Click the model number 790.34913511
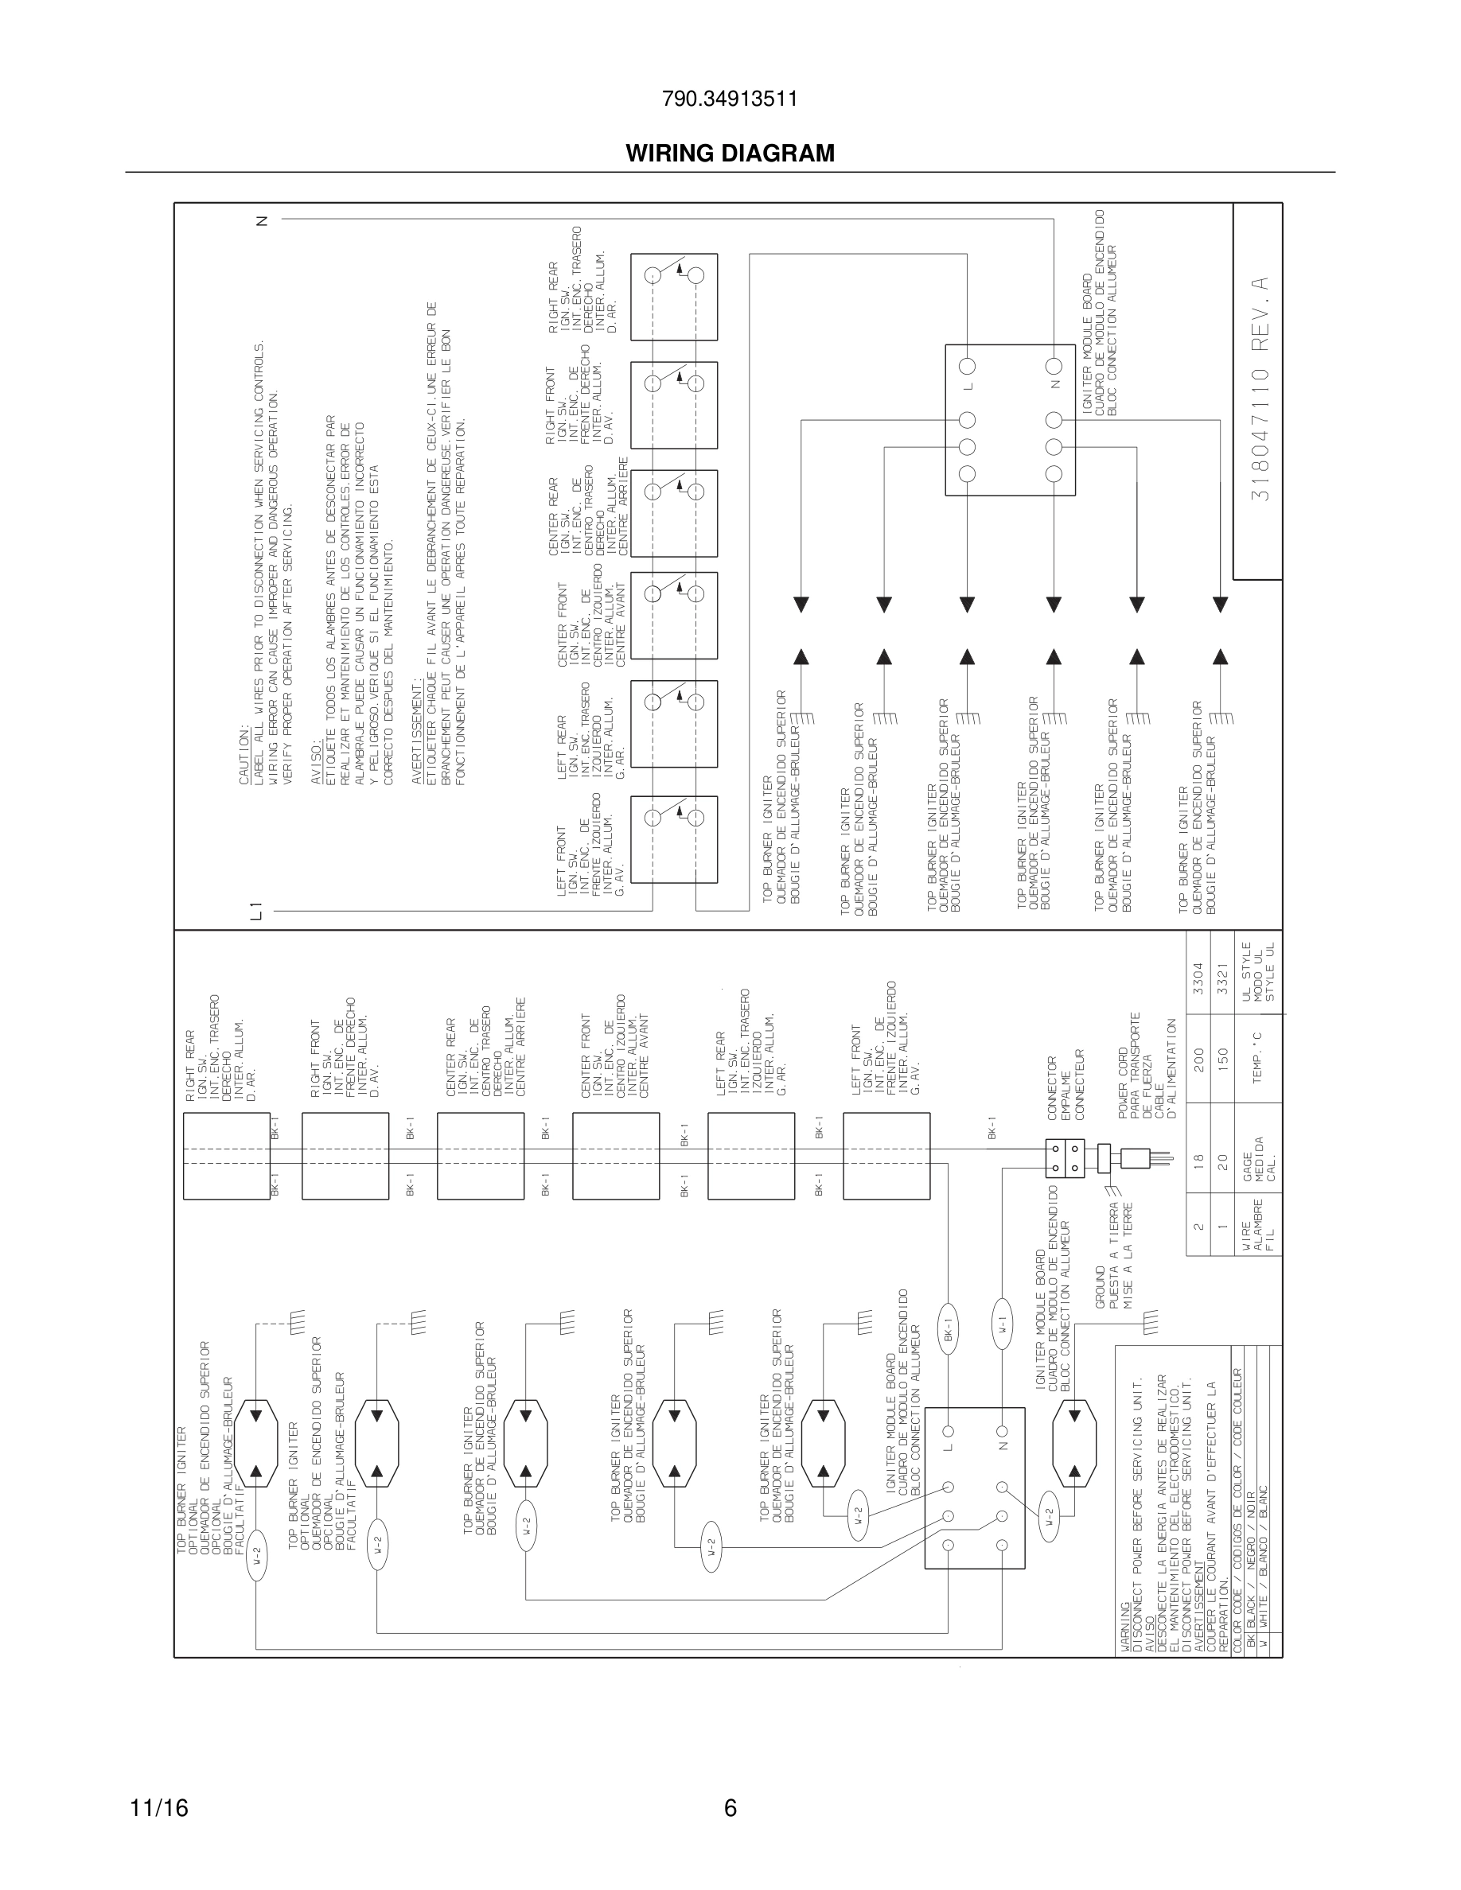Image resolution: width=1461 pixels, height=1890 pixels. pyautogui.click(x=730, y=99)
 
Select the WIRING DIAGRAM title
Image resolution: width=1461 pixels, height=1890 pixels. pyautogui.click(x=730, y=154)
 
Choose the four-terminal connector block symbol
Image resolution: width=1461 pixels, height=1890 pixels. pyautogui.click(x=1065, y=1158)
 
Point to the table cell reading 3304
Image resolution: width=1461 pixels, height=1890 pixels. pyautogui.click(x=1198, y=976)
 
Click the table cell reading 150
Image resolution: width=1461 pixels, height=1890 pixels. pyautogui.click(x=1222, y=1057)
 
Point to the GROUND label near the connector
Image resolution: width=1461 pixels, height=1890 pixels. pyautogui.click(x=1101, y=1287)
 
